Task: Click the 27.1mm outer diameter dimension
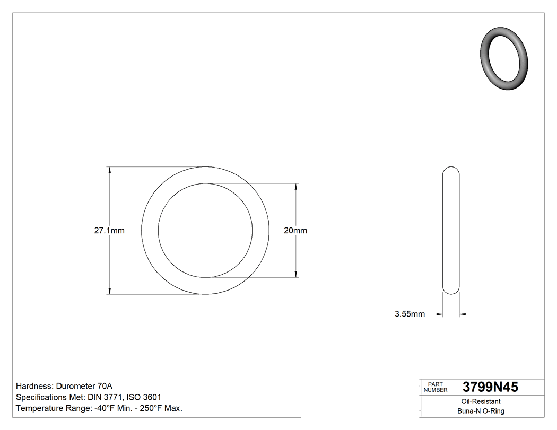coord(109,231)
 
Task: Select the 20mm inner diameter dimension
coord(295,231)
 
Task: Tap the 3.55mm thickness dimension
coord(410,314)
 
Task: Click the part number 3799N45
coord(490,388)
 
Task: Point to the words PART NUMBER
coord(436,388)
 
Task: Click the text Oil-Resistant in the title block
coord(481,402)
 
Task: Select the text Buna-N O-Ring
coord(481,411)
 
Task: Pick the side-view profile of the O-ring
coord(451,231)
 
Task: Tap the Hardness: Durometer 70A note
coord(64,386)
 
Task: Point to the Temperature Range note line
coord(99,408)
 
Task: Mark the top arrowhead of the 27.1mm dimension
coord(110,170)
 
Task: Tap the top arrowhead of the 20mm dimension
coord(295,187)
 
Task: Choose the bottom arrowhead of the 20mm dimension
coord(295,274)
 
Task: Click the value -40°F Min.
coord(111,408)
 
